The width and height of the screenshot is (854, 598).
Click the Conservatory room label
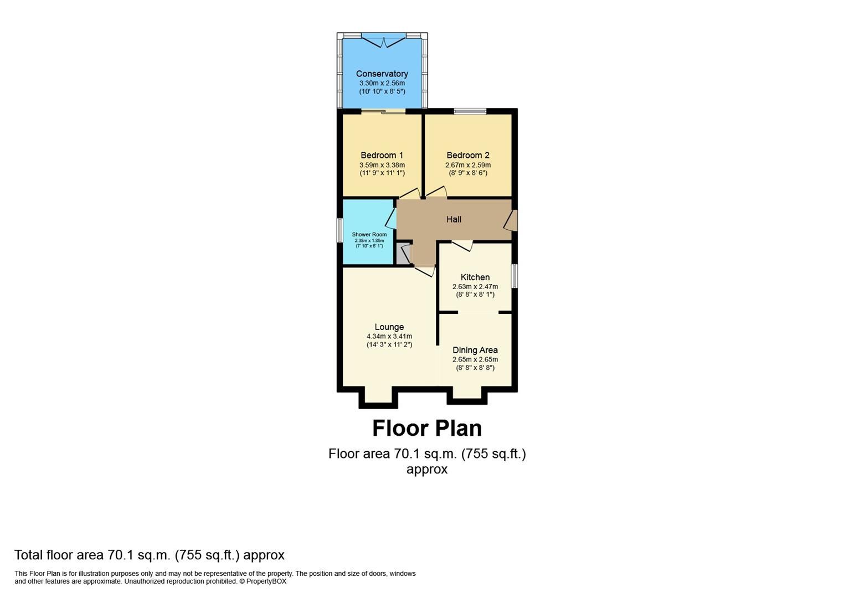click(x=382, y=74)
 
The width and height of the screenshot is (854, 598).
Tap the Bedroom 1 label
click(x=382, y=155)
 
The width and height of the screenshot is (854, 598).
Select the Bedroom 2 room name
click(x=468, y=155)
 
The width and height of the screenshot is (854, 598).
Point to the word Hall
click(x=454, y=219)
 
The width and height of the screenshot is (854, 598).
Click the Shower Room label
click(x=369, y=234)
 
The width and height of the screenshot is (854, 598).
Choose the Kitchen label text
click(x=475, y=277)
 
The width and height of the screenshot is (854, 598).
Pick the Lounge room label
click(x=389, y=327)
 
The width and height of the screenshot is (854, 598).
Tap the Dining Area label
click(x=475, y=350)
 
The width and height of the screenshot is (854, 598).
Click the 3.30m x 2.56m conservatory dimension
click(x=382, y=83)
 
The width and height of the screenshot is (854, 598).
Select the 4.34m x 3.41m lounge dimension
click(x=389, y=336)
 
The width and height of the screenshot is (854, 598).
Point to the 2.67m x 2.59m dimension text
click(x=468, y=165)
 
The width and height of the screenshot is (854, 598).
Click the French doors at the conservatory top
click(x=382, y=40)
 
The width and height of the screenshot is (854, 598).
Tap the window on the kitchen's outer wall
click(x=514, y=276)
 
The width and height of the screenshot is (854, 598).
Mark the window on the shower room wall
click(x=340, y=230)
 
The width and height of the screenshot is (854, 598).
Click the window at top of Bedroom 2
click(x=470, y=111)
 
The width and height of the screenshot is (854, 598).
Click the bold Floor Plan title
click(x=426, y=428)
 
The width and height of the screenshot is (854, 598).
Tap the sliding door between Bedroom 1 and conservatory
click(x=383, y=112)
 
